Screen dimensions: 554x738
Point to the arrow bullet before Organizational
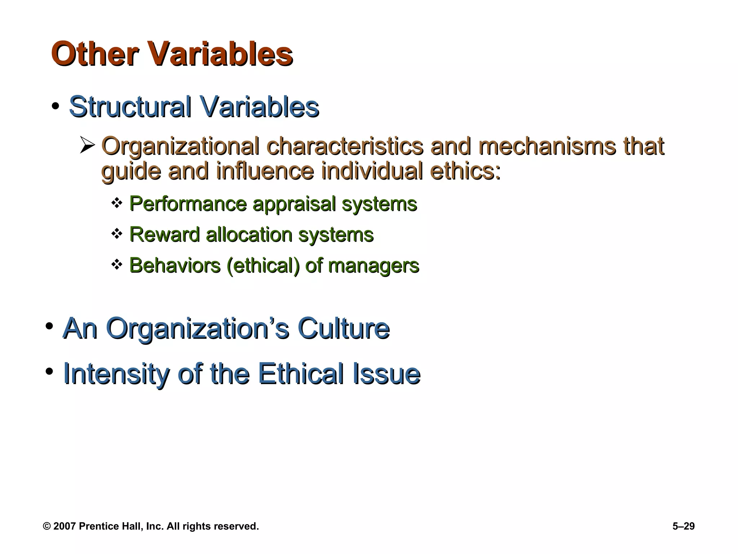[87, 146]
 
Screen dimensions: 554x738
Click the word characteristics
[345, 146]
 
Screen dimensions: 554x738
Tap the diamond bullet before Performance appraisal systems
[117, 203]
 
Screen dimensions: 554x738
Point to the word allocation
[249, 235]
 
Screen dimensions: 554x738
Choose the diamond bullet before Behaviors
[117, 265]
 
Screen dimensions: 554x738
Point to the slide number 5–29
[683, 526]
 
